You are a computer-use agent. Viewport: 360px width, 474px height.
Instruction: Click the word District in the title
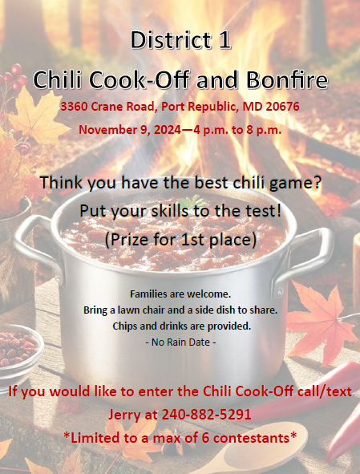171,40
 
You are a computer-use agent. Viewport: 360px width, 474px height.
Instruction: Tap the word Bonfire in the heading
287,80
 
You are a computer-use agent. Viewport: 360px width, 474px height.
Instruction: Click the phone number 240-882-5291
206,414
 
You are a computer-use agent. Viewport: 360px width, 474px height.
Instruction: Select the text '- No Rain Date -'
180,342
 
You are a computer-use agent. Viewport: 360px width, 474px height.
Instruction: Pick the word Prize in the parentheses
131,240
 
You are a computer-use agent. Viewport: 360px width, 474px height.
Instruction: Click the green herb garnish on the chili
192,202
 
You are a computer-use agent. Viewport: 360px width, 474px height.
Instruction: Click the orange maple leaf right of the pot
321,322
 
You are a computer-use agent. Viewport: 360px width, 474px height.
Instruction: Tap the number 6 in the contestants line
205,438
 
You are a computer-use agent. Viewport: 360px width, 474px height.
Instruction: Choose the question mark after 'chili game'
317,183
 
